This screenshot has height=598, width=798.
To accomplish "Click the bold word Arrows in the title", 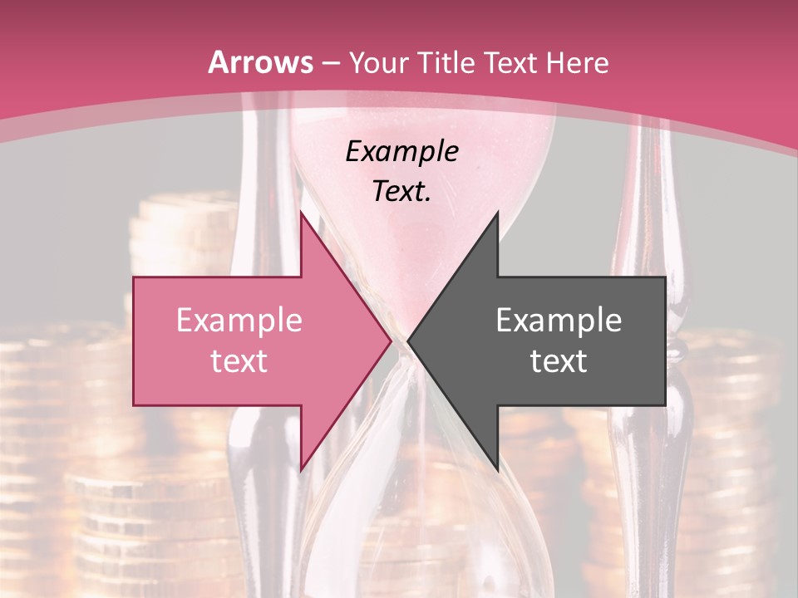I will (260, 62).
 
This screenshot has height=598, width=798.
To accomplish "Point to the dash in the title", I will (331, 63).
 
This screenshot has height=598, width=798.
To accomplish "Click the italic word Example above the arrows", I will (401, 151).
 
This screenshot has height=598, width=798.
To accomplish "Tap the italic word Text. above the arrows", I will (401, 192).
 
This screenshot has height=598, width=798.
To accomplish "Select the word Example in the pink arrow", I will (239, 320).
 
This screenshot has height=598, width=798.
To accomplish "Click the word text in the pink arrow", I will (239, 361).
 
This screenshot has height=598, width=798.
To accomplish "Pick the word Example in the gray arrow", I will (559, 320).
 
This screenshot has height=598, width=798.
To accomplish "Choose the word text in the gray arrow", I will (559, 361).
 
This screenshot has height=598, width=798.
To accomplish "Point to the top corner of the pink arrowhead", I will (301, 213).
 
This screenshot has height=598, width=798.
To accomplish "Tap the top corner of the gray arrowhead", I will (497, 213).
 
